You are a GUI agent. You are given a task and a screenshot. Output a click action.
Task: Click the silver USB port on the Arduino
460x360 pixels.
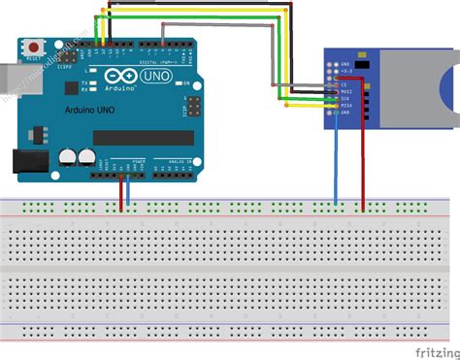11,79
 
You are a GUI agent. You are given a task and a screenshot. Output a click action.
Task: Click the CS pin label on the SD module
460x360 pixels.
343,84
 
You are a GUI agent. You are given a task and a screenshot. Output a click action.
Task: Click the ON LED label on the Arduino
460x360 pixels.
184,84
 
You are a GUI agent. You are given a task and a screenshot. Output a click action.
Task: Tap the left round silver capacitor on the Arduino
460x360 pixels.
65,154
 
